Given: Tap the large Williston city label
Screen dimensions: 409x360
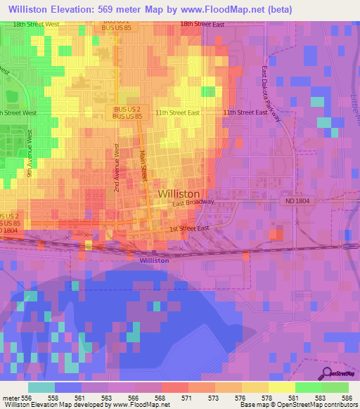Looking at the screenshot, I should coord(179,193).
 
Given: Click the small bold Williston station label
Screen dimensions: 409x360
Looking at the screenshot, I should coord(154,260).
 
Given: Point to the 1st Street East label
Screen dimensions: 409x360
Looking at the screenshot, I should coord(189,228).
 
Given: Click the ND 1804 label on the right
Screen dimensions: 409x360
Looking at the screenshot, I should coord(297,201).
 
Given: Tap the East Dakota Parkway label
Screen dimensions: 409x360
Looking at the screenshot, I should coord(271,95).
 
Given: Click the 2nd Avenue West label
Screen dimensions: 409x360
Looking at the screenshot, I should coord(117,169).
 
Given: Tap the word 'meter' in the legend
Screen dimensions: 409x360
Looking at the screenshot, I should coord(11,398).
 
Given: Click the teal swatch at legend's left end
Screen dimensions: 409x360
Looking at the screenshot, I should coord(41,387).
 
